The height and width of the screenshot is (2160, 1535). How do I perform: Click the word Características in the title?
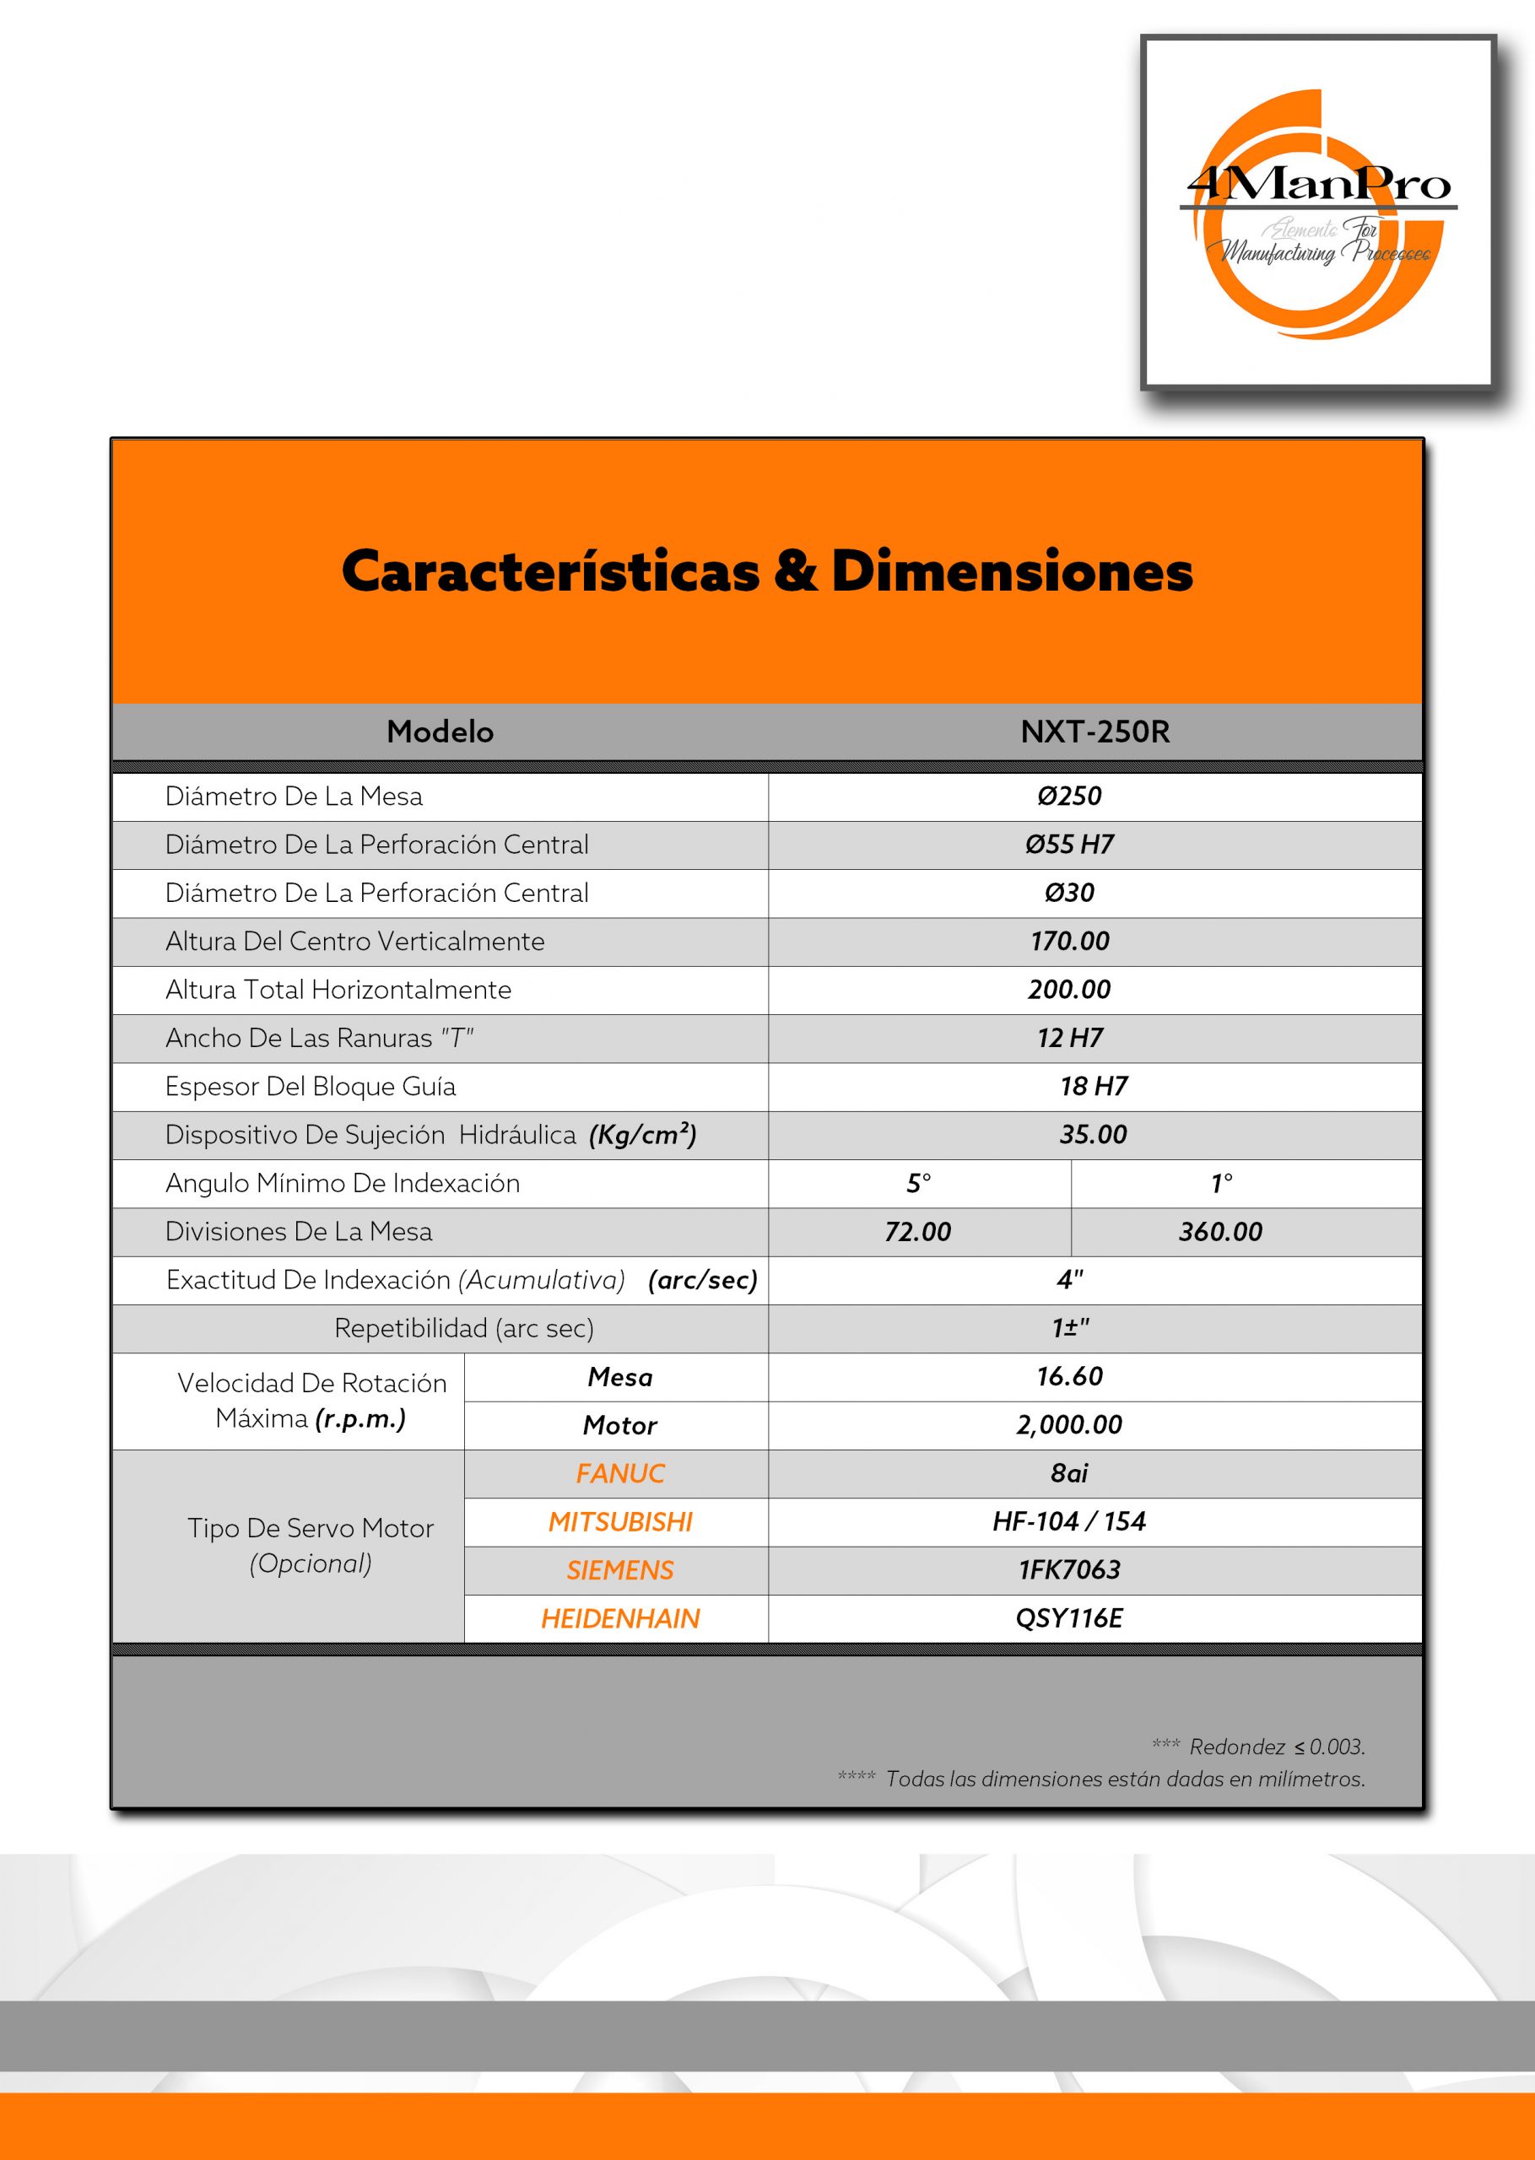pos(550,573)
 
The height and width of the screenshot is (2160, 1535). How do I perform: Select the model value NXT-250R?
pos(1094,732)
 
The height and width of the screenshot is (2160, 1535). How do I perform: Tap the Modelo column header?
pos(440,732)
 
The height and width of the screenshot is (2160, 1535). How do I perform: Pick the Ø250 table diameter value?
pos(1069,796)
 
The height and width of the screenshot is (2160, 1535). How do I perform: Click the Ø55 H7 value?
pos(1069,845)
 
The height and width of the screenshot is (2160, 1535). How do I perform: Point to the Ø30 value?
pos(1069,893)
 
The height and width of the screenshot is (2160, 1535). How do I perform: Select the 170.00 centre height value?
pos(1069,941)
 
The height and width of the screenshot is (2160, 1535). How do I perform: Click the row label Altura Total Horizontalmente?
pos(338,989)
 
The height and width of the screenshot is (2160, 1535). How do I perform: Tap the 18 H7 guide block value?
pos(1094,1087)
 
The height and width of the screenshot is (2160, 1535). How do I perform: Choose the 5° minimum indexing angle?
pos(919,1183)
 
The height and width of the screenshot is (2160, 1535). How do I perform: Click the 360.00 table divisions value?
pos(1220,1231)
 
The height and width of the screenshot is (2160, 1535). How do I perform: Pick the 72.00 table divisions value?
pos(918,1231)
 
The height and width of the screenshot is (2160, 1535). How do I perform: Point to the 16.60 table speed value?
pos(1069,1377)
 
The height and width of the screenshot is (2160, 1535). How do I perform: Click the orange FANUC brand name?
pos(620,1473)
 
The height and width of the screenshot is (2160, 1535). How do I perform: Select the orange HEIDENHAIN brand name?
pos(620,1618)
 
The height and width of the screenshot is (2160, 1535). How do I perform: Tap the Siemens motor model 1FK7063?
pos(1069,1570)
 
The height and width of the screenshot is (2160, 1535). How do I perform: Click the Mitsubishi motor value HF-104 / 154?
pos(1069,1521)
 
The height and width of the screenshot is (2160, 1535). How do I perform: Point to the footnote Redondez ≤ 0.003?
pos(1276,1747)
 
